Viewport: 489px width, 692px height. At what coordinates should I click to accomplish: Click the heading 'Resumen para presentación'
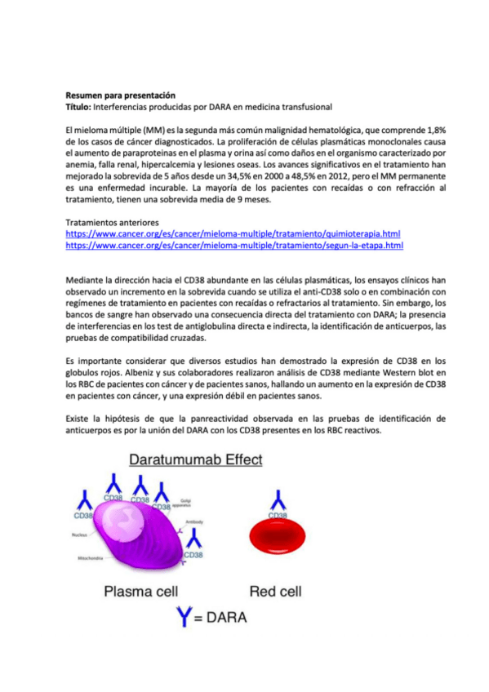[120, 95]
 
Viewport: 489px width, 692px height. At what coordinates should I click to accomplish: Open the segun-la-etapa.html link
[234, 245]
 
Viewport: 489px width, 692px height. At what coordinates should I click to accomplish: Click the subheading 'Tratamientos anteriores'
[111, 222]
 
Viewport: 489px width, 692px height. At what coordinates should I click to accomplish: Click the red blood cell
[278, 537]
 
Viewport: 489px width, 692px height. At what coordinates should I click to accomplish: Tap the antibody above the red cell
[278, 499]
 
